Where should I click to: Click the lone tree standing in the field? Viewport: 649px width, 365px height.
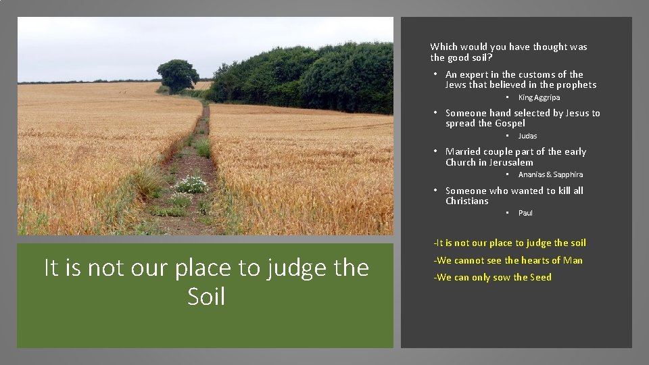pyautogui.click(x=178, y=75)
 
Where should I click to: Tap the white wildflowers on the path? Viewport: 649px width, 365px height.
pyautogui.click(x=191, y=183)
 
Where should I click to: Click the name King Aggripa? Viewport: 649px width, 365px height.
pyautogui.click(x=539, y=97)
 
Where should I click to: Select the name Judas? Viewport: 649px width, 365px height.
pyautogui.click(x=527, y=136)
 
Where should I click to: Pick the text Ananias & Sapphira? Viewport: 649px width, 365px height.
pyautogui.click(x=550, y=174)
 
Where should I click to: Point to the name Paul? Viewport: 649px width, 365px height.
pyautogui.click(x=525, y=213)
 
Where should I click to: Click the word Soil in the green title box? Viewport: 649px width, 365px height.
pyautogui.click(x=206, y=296)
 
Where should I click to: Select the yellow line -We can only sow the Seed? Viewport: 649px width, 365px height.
pyautogui.click(x=492, y=277)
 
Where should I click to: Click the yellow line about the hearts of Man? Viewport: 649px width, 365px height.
pyautogui.click(x=508, y=260)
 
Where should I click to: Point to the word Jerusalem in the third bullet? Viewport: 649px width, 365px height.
pyautogui.click(x=508, y=162)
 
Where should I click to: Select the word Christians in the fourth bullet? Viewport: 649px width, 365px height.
pyautogui.click(x=466, y=201)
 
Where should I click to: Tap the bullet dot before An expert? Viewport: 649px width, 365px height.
pyautogui.click(x=437, y=74)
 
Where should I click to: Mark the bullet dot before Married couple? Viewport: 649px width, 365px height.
pyautogui.click(x=437, y=151)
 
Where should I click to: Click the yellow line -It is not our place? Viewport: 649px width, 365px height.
pyautogui.click(x=510, y=243)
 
